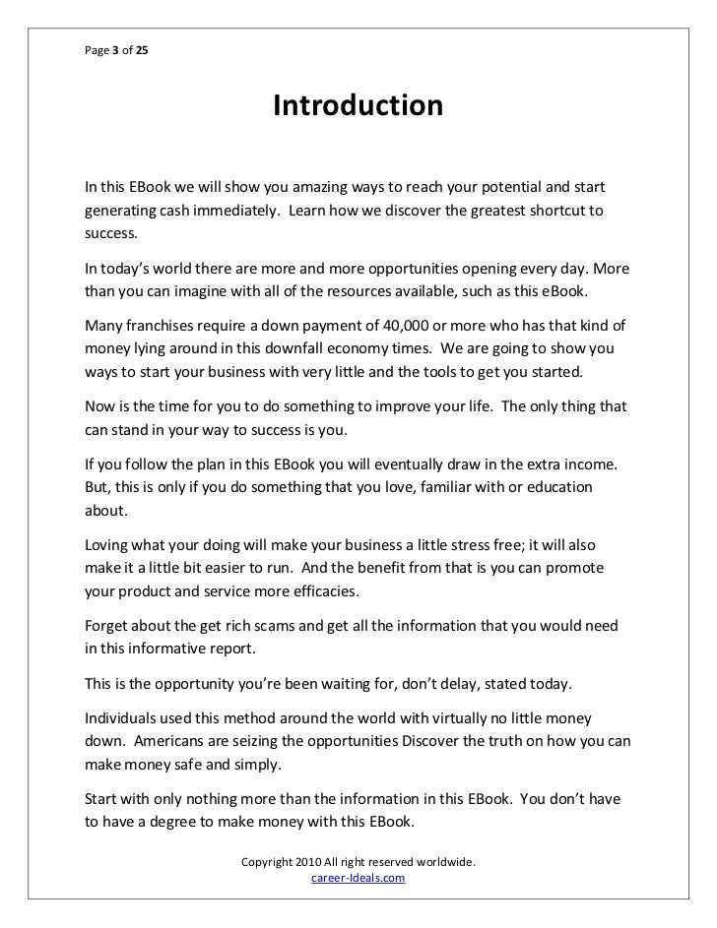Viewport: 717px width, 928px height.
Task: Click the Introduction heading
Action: (x=358, y=105)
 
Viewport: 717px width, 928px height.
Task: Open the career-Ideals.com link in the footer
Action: (x=358, y=878)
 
